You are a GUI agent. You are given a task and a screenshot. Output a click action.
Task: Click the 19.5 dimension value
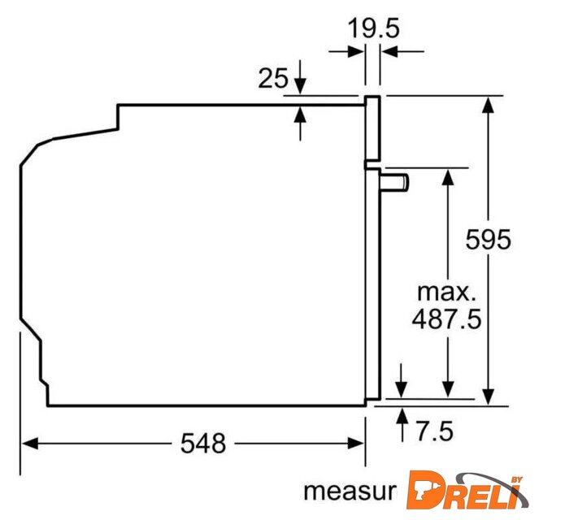click(x=373, y=28)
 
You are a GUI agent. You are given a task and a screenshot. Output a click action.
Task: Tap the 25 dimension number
click(x=273, y=78)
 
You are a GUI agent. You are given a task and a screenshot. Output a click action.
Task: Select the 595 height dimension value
click(x=488, y=240)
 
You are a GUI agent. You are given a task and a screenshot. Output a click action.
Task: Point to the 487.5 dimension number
click(x=447, y=318)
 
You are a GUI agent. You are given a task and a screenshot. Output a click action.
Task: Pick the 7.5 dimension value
click(x=435, y=431)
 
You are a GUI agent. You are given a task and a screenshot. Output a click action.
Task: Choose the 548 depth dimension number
click(x=203, y=444)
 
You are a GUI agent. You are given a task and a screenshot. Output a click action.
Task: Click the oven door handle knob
click(x=393, y=183)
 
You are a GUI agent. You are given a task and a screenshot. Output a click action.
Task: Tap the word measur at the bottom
click(x=350, y=492)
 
